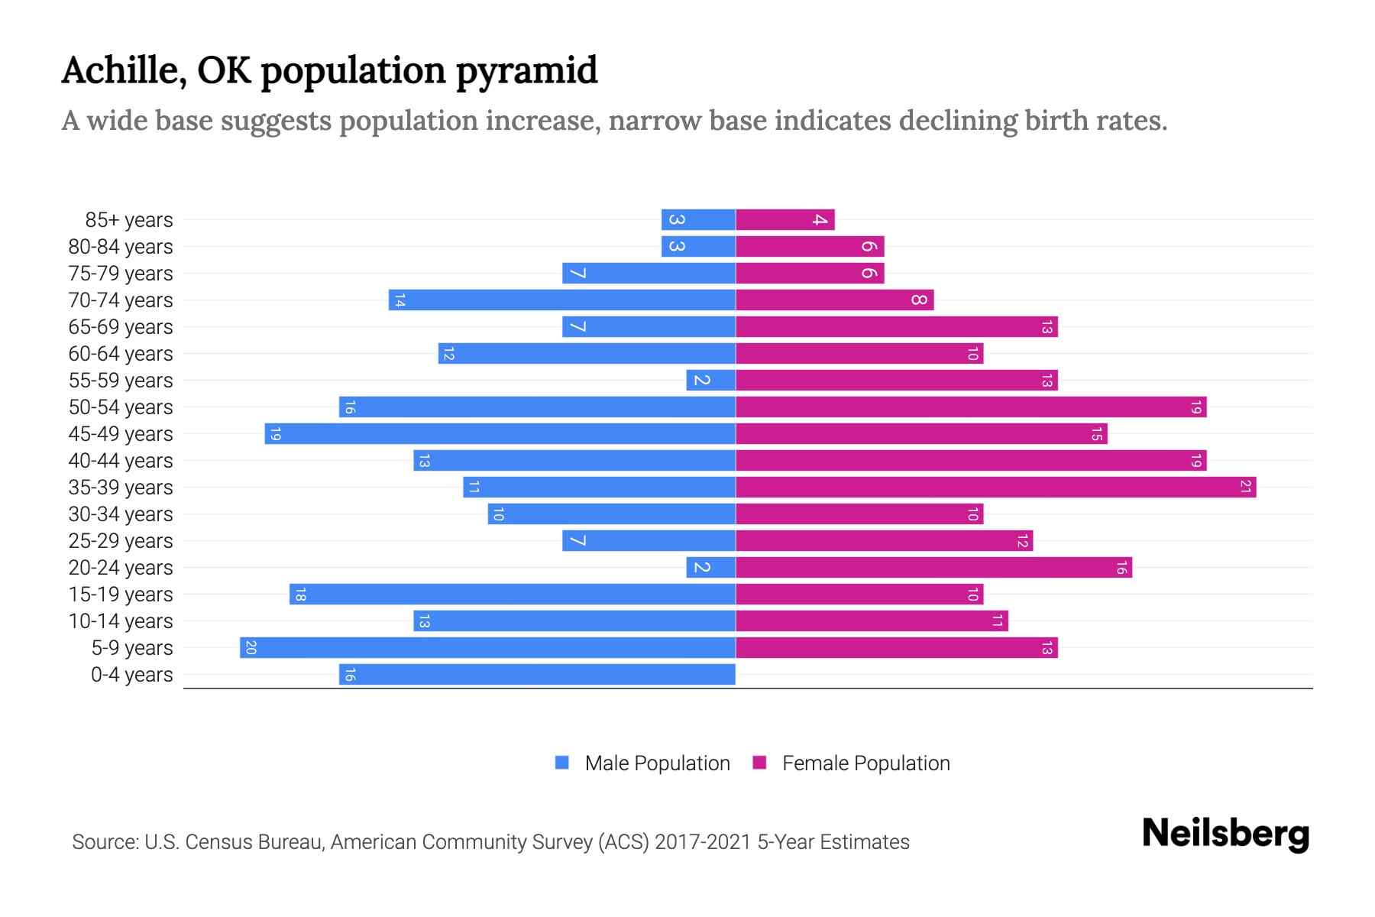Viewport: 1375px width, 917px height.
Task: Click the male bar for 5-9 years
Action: point(487,648)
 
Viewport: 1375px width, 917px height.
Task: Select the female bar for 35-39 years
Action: point(995,488)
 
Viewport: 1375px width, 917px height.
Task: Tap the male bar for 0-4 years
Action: point(537,675)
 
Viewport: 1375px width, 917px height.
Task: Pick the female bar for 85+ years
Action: point(785,220)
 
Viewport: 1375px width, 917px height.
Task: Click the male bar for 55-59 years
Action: point(710,381)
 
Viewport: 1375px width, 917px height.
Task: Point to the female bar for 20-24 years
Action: point(933,568)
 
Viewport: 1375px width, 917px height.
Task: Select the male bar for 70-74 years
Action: point(561,300)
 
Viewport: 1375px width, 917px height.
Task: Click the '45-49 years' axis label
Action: point(121,434)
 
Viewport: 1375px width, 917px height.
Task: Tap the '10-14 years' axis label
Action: point(121,621)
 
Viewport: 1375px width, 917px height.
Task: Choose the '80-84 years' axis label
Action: point(121,247)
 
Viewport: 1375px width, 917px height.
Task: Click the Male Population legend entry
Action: point(642,763)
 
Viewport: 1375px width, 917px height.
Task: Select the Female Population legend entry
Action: point(852,763)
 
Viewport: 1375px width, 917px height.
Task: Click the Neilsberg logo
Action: point(1225,834)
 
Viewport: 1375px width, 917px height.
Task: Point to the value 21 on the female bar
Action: point(1245,488)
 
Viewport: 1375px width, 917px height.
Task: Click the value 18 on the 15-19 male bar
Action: point(300,595)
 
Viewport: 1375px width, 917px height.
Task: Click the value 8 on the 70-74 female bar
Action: point(919,300)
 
